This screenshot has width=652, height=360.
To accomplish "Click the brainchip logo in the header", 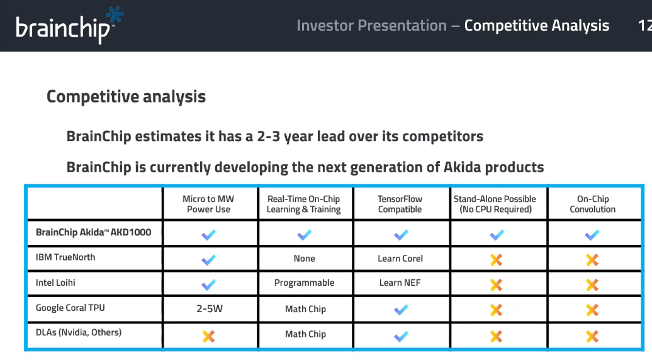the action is (x=69, y=25).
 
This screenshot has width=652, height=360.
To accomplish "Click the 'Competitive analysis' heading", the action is (x=126, y=96).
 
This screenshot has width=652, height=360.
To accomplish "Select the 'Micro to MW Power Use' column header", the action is (x=208, y=204).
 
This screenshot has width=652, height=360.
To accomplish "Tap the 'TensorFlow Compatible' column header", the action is (x=400, y=204).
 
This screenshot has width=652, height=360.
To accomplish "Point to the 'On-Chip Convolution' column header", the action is (x=593, y=204).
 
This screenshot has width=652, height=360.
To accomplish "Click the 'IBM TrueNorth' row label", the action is (x=65, y=257).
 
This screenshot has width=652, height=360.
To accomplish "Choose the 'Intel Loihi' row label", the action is (x=55, y=283).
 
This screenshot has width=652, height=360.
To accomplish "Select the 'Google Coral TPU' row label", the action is (x=70, y=308).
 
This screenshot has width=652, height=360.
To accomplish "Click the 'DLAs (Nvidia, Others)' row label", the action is (x=79, y=332).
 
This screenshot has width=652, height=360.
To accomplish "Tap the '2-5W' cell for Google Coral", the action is (x=210, y=309).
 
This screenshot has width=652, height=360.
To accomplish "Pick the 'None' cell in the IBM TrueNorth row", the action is (x=305, y=259).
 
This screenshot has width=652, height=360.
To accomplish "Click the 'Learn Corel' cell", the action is (x=400, y=259).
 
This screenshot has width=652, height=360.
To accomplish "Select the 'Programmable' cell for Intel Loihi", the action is (x=305, y=283).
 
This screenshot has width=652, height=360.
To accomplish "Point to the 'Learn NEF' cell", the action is (x=400, y=283).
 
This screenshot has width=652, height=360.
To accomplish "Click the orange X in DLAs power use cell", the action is (x=208, y=336).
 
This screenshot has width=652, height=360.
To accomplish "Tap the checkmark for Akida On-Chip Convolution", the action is (x=592, y=235).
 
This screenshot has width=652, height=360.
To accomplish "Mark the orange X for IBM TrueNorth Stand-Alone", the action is (x=496, y=260).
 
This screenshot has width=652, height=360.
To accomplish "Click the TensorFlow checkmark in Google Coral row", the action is (x=401, y=310).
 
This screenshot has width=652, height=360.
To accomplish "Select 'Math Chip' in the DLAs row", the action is (x=306, y=334).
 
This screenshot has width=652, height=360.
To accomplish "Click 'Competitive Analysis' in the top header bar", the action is (x=537, y=26).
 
